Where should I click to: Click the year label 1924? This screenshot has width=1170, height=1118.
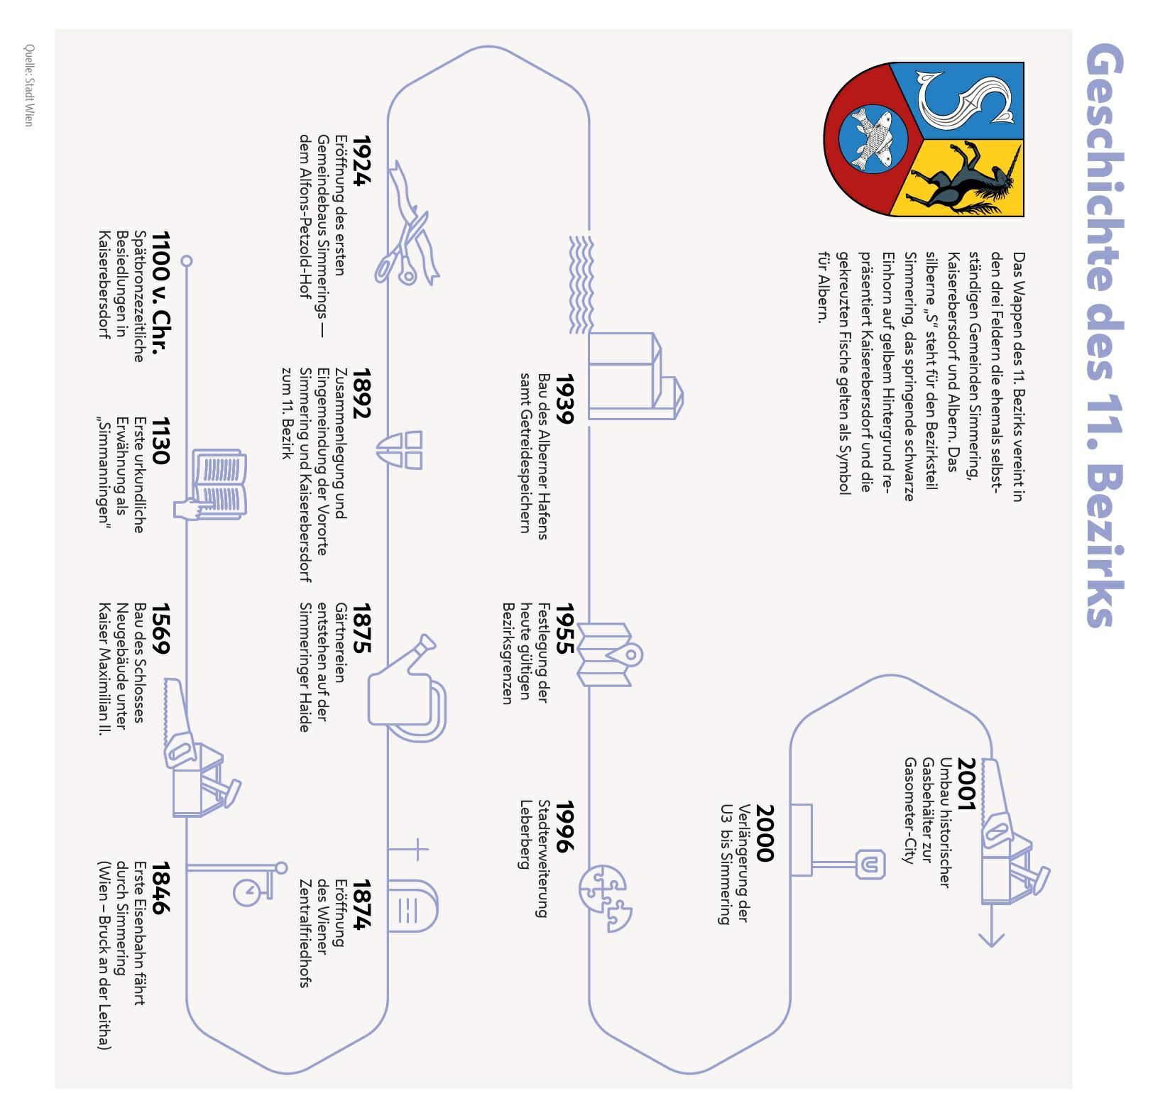coord(361,160)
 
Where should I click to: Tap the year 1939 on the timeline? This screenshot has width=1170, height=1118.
coord(563,399)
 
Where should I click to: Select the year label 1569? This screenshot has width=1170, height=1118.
coord(160,629)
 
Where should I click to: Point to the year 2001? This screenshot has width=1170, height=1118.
coord(966,784)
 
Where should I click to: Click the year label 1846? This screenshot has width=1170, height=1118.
coord(160,888)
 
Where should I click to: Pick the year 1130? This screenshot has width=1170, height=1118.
coord(160,441)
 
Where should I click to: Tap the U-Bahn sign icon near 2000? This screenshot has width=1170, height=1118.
coord(870,864)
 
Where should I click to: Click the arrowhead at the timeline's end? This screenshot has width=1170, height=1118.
coord(991,941)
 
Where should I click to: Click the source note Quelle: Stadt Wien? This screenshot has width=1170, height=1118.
coord(28,85)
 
